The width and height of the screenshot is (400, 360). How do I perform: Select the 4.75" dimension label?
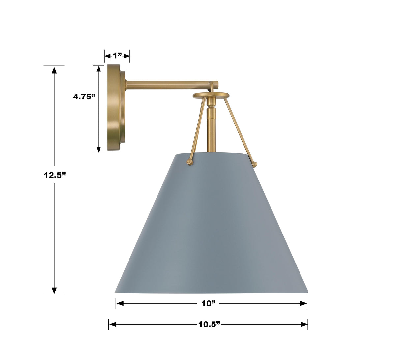[84, 97]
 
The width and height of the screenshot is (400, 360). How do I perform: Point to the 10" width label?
[208, 303]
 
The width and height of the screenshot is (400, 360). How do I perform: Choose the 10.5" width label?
[209, 324]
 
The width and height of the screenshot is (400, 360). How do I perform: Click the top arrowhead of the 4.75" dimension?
[98, 69]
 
